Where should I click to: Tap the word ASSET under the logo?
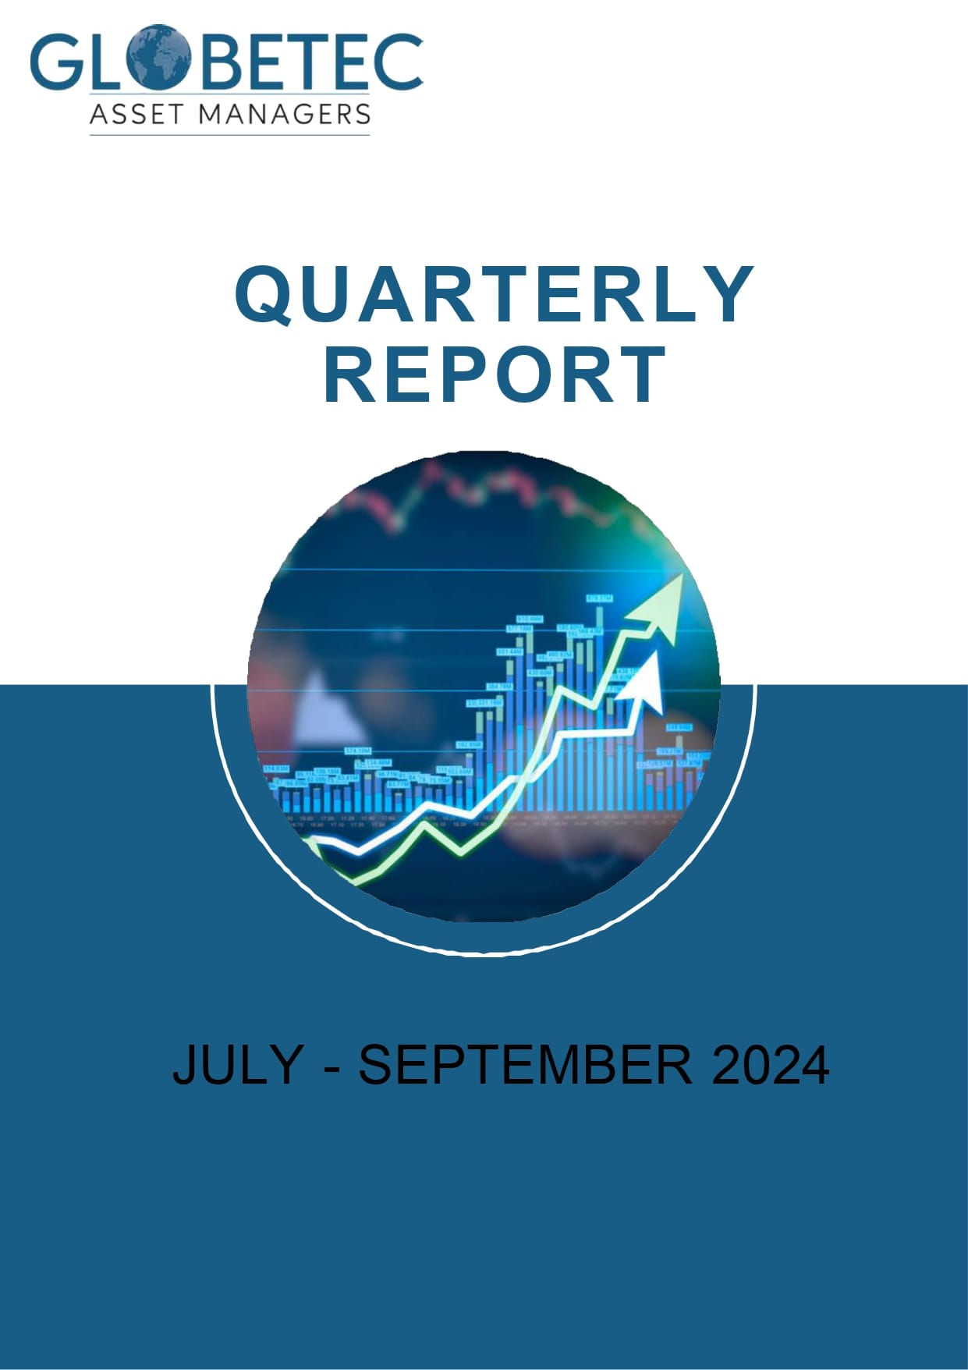click(x=136, y=114)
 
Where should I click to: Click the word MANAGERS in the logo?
click(x=284, y=114)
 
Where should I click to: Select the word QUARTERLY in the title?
click(x=494, y=294)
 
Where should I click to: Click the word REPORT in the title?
click(x=495, y=375)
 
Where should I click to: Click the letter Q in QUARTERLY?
click(x=268, y=294)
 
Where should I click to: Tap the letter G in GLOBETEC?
click(x=55, y=61)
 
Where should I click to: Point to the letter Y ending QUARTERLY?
click(x=726, y=294)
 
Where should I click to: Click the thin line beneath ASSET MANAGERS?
click(x=229, y=135)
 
